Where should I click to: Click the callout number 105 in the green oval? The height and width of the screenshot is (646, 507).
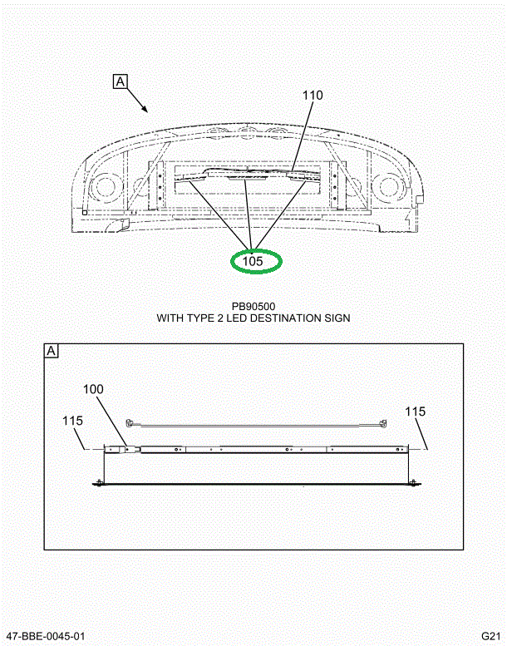click(x=253, y=261)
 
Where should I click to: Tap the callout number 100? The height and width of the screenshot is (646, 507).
click(x=93, y=389)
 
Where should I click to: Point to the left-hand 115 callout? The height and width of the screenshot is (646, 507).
click(x=72, y=421)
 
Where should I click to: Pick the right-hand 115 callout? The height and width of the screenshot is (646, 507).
click(x=415, y=412)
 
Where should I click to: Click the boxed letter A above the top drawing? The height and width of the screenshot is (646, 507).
click(x=120, y=81)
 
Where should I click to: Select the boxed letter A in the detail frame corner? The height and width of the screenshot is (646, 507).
click(x=52, y=351)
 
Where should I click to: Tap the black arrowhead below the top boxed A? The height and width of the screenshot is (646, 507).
click(x=144, y=108)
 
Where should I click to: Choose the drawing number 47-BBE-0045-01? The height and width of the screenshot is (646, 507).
click(x=45, y=637)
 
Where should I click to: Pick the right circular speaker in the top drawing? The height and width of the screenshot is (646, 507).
click(x=388, y=185)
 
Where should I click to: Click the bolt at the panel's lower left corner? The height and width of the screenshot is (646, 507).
click(x=99, y=482)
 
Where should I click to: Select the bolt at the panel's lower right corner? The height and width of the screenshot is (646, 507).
click(x=413, y=481)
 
